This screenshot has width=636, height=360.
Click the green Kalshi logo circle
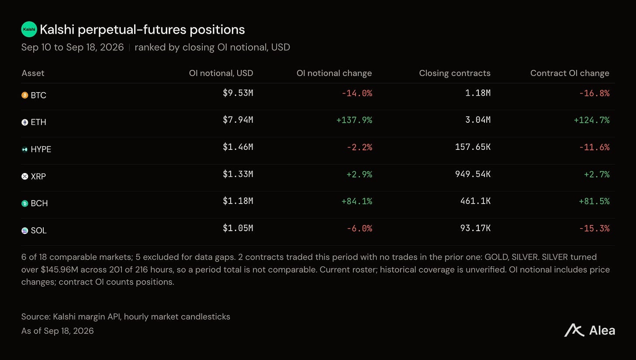(29, 29)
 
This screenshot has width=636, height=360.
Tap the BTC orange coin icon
(25, 95)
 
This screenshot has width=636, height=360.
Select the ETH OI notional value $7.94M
(238, 120)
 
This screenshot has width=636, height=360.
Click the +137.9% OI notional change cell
(354, 120)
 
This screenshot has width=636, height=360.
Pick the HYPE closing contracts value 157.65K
(473, 147)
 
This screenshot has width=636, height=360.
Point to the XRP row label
(38, 177)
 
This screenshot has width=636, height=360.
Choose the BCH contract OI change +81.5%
(594, 201)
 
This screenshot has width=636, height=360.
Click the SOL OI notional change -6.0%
(359, 228)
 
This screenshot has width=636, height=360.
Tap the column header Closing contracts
(455, 73)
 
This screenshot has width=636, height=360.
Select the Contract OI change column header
(570, 73)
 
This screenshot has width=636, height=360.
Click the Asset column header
(33, 73)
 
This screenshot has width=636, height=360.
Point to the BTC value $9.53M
(238, 93)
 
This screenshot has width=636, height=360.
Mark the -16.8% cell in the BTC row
(594, 93)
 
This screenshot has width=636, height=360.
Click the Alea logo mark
(574, 330)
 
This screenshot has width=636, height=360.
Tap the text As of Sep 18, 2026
(57, 331)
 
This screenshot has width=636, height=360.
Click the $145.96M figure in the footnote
(59, 270)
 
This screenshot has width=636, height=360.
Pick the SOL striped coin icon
(25, 231)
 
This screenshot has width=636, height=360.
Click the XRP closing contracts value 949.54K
(473, 174)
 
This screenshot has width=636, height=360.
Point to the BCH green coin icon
(25, 203)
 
